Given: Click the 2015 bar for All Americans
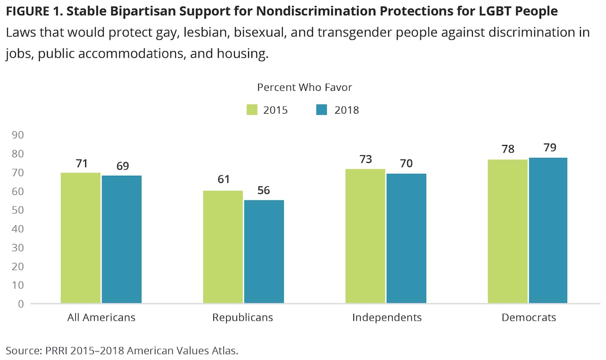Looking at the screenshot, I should point(80,238).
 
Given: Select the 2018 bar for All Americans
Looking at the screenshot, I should point(122,239).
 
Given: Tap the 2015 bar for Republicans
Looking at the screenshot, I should point(223,247).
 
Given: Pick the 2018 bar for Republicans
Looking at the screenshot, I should point(264,252).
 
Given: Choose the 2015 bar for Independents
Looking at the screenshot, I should point(365,236).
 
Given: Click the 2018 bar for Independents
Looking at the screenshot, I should point(406,238).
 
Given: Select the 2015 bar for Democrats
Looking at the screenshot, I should point(508,231).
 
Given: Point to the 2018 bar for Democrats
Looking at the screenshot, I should point(548,230).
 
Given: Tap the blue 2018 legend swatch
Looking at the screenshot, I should point(322,110).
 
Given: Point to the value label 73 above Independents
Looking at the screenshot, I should point(365,159).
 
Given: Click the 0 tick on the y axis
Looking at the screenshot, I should point(20,304).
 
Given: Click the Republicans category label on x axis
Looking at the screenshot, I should point(242,317).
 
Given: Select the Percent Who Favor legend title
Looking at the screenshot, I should point(304,88).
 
